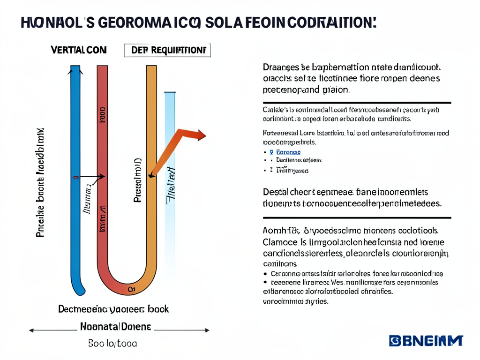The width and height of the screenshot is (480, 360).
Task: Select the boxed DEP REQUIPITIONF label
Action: click(x=167, y=50)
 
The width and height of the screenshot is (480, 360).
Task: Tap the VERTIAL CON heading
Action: click(x=78, y=50)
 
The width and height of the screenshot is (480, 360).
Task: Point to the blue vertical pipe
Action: click(x=75, y=187)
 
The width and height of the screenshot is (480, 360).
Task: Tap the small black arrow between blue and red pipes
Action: click(x=92, y=177)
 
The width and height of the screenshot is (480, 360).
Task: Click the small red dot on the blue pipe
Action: click(x=75, y=177)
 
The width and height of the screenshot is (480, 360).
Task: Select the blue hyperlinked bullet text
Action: click(x=288, y=152)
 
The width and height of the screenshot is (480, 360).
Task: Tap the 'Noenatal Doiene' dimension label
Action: click(x=115, y=326)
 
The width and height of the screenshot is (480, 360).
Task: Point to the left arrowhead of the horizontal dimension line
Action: click(x=32, y=330)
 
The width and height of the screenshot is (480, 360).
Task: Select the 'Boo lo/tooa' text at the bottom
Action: click(x=112, y=344)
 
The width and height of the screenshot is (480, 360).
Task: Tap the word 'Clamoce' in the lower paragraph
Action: click(x=280, y=243)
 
